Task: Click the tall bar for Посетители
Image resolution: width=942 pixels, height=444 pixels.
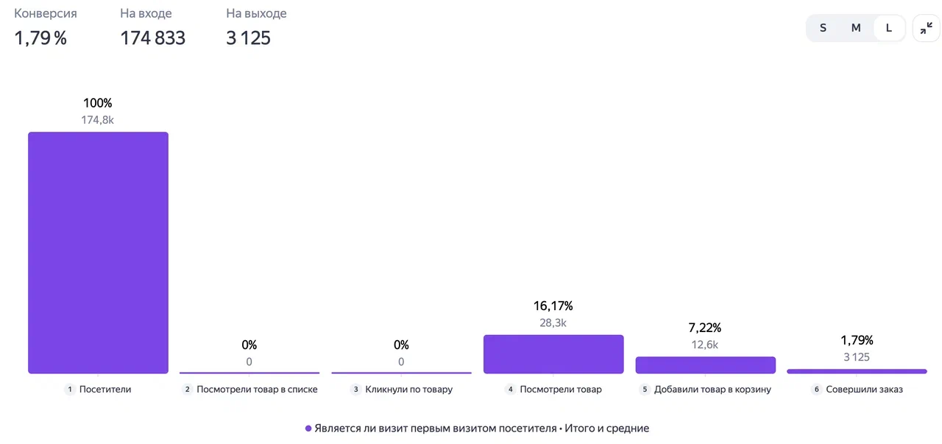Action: click(x=98, y=253)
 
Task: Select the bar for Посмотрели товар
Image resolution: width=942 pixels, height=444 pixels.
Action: click(x=553, y=354)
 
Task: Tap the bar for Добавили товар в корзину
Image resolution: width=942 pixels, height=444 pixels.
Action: click(x=705, y=365)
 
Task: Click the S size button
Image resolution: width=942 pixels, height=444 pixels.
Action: click(x=823, y=28)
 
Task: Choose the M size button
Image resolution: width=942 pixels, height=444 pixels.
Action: click(x=856, y=28)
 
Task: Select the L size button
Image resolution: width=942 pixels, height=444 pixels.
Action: click(x=889, y=28)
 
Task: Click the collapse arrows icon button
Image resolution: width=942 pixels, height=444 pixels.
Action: click(x=926, y=28)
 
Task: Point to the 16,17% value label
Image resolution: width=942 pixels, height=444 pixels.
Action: click(x=553, y=306)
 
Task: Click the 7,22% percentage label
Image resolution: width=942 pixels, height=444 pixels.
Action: click(x=705, y=328)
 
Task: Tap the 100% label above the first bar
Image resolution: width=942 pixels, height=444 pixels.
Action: click(x=98, y=103)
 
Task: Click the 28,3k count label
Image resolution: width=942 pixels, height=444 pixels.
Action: click(x=553, y=323)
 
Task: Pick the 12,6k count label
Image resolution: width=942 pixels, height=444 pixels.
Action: click(x=705, y=345)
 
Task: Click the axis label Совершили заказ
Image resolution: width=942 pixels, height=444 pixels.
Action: click(x=864, y=390)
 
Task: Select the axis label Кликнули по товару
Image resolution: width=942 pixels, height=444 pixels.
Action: click(x=408, y=390)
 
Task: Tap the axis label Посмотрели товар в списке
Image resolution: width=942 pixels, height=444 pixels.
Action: click(x=257, y=390)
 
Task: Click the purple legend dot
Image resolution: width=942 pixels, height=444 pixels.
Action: click(x=308, y=429)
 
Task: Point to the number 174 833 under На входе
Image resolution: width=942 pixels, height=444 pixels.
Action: click(x=152, y=38)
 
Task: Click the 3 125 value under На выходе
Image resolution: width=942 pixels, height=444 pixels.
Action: click(x=248, y=38)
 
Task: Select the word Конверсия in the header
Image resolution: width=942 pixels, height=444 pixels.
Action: click(x=46, y=13)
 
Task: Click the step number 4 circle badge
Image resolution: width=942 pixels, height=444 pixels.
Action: click(x=510, y=390)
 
